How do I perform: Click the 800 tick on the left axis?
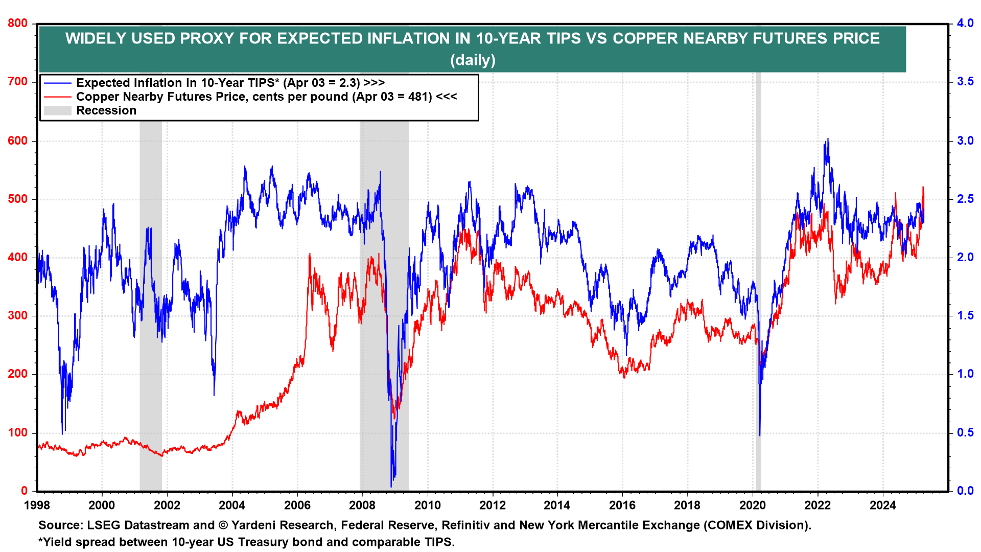point(18,24)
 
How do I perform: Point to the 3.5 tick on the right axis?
point(965,82)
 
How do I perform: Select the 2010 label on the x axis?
point(427,505)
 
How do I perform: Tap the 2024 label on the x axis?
point(882,505)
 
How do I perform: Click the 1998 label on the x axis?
point(37,505)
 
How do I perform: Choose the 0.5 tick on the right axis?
point(965,433)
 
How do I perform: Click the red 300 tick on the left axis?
point(18,316)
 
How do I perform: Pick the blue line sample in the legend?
point(57,83)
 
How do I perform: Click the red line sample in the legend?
point(57,97)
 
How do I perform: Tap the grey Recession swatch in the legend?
point(57,110)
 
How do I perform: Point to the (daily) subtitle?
point(473,60)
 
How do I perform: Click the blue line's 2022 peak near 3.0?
point(828,139)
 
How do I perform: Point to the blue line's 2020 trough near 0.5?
point(760,435)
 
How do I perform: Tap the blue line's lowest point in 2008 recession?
point(391,486)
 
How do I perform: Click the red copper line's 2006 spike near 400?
point(310,254)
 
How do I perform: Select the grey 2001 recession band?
point(151,307)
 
